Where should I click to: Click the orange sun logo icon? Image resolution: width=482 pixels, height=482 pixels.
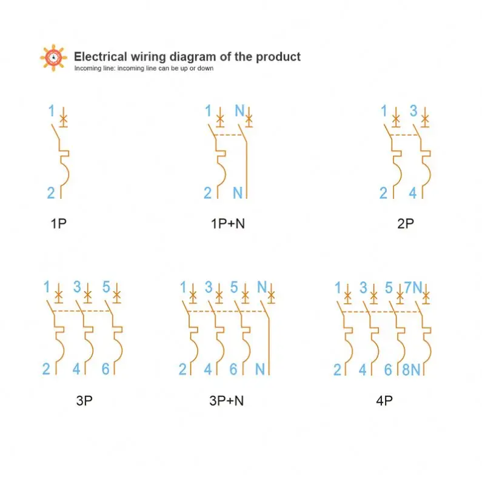[x=53, y=58]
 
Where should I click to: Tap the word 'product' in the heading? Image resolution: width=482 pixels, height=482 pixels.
[x=278, y=57]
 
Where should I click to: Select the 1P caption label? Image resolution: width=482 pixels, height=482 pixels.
[x=58, y=224]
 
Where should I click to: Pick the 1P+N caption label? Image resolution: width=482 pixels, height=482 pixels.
[x=228, y=224]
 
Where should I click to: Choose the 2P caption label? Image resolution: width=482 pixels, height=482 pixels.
[x=406, y=224]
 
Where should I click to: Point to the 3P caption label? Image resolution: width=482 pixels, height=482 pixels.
[x=84, y=401]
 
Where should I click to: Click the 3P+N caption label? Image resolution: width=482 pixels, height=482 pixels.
[x=227, y=401]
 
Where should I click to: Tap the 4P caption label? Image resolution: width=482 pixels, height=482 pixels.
[x=384, y=401]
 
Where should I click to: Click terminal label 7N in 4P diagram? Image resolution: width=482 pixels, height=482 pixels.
[x=413, y=288]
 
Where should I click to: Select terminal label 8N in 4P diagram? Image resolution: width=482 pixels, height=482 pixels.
[x=411, y=369]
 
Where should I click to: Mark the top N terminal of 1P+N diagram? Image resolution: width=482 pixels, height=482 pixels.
[x=239, y=111]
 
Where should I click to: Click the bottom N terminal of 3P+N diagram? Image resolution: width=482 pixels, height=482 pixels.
[x=259, y=369]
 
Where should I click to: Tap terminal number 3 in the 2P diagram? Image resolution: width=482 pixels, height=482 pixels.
[x=413, y=111]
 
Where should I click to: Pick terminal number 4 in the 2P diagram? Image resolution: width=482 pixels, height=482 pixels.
[x=412, y=193]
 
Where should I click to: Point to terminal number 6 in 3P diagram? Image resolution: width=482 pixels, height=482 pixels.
[x=105, y=369]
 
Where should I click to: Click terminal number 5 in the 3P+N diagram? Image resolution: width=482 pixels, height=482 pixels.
[x=234, y=287]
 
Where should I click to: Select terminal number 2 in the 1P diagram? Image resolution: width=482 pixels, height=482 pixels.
[x=51, y=193]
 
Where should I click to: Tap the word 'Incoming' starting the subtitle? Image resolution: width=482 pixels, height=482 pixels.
[x=85, y=69]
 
